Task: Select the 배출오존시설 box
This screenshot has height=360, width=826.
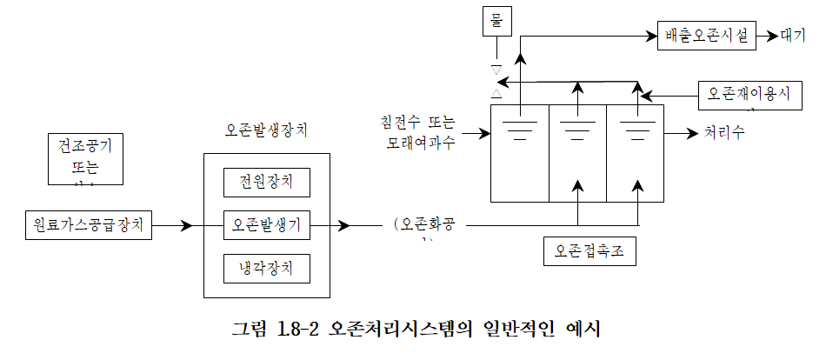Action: (x=705, y=36)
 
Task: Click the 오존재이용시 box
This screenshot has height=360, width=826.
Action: (x=748, y=94)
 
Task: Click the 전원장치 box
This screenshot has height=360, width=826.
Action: (x=266, y=183)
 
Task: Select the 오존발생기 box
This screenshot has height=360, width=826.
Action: (x=266, y=225)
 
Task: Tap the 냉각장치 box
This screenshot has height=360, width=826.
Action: (x=266, y=267)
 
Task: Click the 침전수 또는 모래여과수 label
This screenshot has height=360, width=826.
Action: (x=420, y=131)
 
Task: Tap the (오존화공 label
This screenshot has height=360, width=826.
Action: (x=429, y=225)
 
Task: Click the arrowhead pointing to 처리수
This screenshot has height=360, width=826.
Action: (x=692, y=134)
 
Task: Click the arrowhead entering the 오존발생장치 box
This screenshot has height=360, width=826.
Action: (x=186, y=226)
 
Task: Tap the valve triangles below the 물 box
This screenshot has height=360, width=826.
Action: (x=496, y=80)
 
